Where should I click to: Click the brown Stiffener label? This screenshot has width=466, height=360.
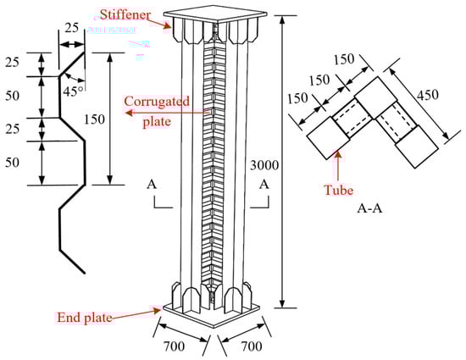coord(125,14)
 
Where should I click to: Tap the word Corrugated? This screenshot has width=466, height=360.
coord(157,102)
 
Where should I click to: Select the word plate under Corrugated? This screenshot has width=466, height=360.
coord(157,122)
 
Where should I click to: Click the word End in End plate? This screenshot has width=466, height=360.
coord(69,318)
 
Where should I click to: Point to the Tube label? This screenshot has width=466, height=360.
coord(339,190)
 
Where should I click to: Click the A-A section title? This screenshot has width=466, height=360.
coord(369,208)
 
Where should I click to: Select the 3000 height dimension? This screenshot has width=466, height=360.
coord(264,165)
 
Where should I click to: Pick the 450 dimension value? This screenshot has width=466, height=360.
coord(427,95)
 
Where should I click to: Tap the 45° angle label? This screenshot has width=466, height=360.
coord(73,91)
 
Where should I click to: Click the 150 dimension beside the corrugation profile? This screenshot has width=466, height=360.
coord(94,119)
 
